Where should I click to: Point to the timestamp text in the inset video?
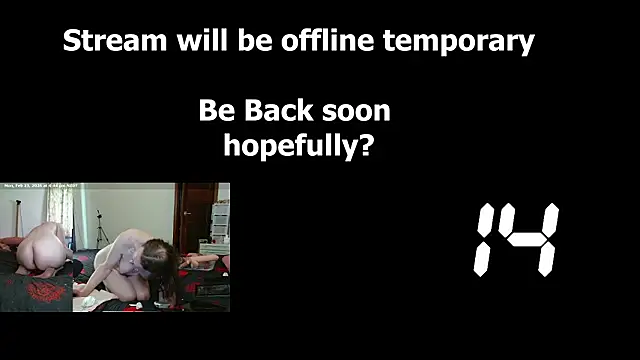tap(42, 186)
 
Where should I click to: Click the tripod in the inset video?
tap(101, 228)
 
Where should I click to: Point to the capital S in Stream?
tap(71, 42)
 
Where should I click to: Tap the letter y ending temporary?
tap(525, 45)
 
